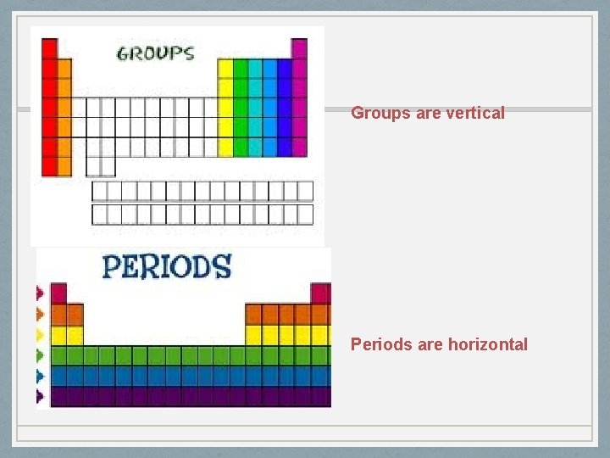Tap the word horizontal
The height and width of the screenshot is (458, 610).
[x=487, y=344]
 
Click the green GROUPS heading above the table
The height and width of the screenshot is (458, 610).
[x=155, y=53]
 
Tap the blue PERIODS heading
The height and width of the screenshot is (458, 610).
[x=166, y=266]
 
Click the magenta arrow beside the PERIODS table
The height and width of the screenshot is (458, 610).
[x=39, y=293]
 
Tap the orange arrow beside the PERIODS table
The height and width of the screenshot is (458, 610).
[x=39, y=314]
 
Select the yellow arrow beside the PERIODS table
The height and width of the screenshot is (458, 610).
[x=39, y=334]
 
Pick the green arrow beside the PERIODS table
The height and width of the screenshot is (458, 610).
[x=39, y=355]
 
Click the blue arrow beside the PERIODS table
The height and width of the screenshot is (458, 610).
[x=39, y=375]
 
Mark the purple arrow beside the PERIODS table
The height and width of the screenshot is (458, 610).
[x=39, y=395]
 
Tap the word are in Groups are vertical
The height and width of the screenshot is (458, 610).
[x=429, y=113]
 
